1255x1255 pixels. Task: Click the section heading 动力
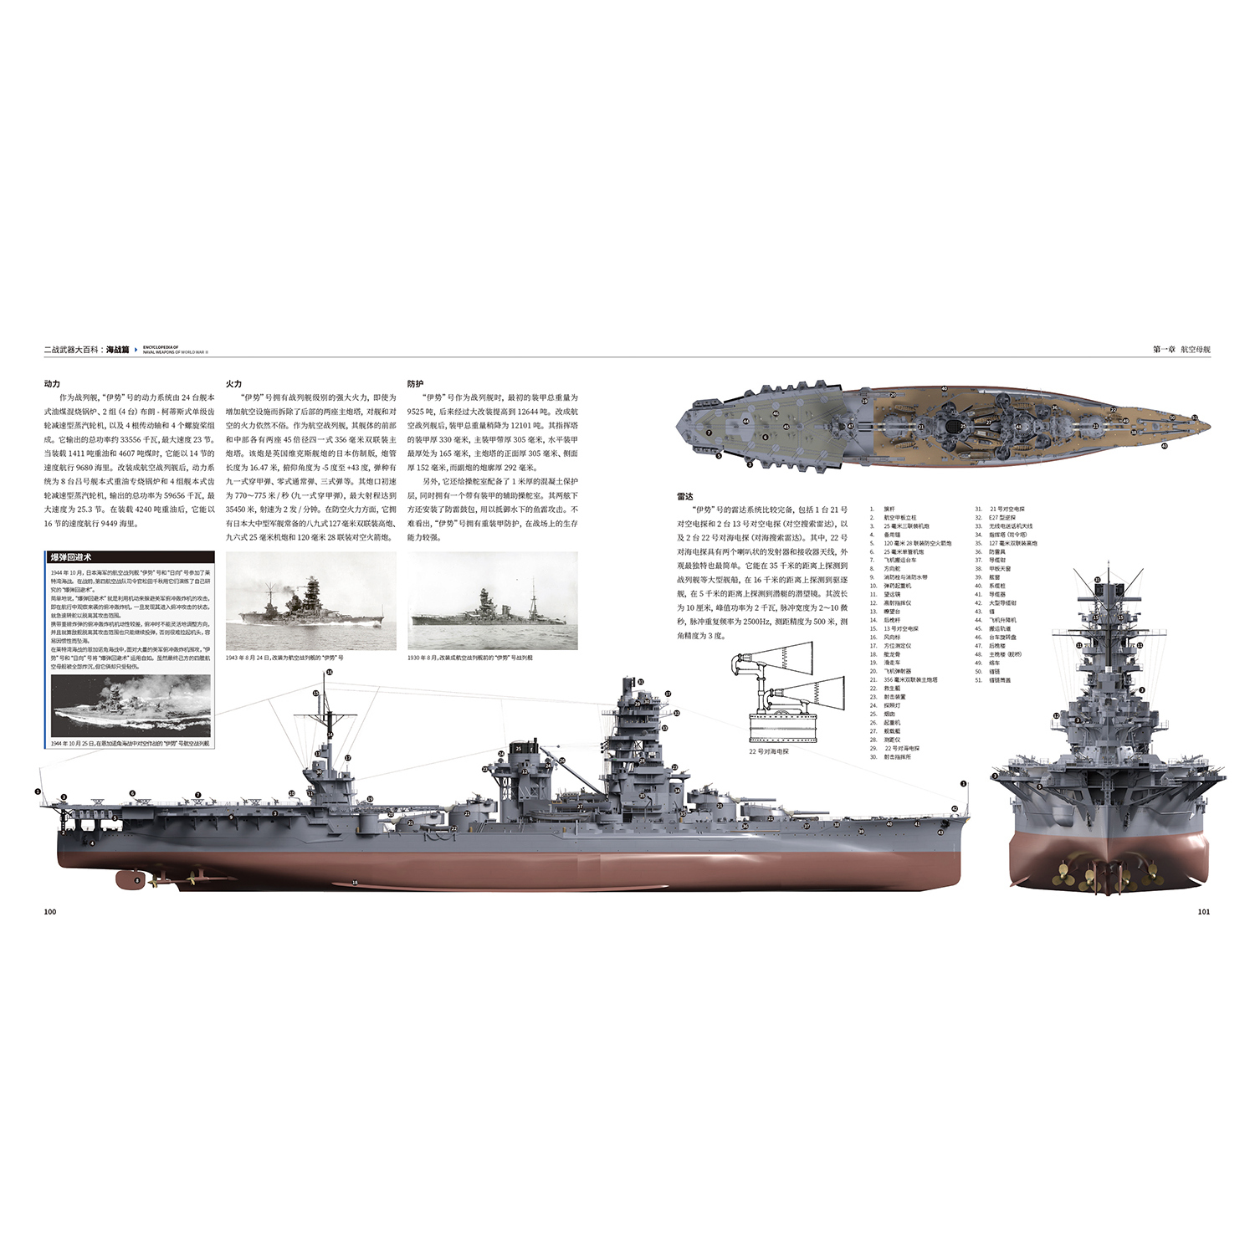(x=52, y=383)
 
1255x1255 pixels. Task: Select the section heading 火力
(x=233, y=383)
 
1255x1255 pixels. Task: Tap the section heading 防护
(x=415, y=383)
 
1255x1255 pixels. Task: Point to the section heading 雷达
(x=684, y=496)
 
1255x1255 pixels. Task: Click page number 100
(x=50, y=911)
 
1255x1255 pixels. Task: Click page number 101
(x=1203, y=911)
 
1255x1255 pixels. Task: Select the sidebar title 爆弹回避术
(x=71, y=557)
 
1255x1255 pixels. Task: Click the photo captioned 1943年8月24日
(x=310, y=600)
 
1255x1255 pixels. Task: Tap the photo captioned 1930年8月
(x=493, y=600)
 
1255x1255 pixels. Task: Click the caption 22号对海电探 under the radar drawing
(x=769, y=751)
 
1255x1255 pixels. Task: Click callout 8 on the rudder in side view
(x=138, y=880)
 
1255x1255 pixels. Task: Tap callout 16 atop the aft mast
(x=330, y=672)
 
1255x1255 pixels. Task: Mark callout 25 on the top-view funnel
(x=963, y=426)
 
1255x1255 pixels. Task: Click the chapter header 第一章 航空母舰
(x=1181, y=349)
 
